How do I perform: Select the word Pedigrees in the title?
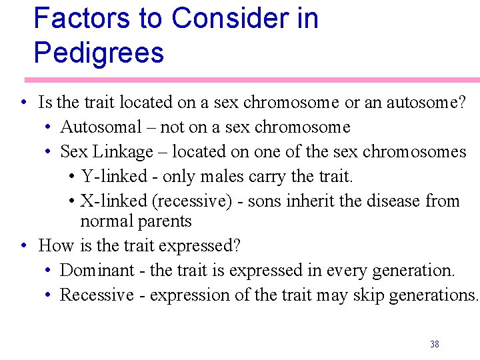click(x=99, y=53)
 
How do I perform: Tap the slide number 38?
click(x=435, y=344)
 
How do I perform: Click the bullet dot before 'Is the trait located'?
click(x=23, y=103)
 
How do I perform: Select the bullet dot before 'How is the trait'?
click(x=23, y=246)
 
